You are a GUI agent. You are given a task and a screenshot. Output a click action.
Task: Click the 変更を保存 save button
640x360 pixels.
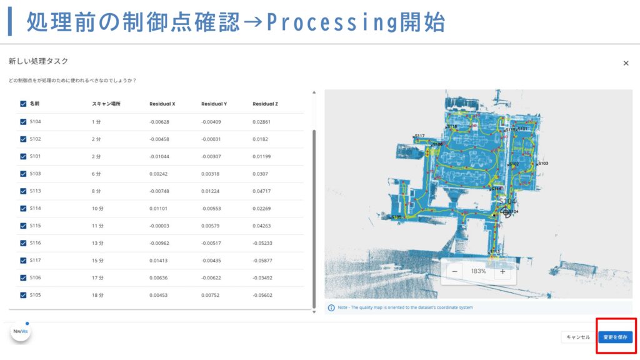615,337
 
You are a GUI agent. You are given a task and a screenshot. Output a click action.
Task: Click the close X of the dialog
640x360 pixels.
626,63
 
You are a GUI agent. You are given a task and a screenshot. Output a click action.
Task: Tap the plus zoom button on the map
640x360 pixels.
502,272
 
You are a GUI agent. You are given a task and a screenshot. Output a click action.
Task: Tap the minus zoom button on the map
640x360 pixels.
454,272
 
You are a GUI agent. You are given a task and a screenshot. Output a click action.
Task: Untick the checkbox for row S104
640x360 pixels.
23,122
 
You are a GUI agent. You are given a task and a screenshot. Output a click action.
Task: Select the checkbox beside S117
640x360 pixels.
23,260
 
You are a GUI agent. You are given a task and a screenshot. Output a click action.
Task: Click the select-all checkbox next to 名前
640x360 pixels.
23,104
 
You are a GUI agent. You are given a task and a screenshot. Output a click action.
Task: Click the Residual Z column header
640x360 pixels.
265,104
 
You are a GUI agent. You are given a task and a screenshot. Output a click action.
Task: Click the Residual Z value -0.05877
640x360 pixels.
262,260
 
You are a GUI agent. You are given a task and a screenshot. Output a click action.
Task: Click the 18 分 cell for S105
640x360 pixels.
96,295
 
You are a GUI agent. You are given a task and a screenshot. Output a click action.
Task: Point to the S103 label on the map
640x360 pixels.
542,163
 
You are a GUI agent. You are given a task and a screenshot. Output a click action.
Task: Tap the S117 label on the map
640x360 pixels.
419,136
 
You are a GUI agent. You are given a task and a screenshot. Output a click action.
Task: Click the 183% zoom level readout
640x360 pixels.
478,272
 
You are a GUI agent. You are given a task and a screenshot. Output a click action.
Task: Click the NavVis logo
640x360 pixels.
21,332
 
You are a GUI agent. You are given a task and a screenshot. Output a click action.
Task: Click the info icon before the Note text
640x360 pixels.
331,307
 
